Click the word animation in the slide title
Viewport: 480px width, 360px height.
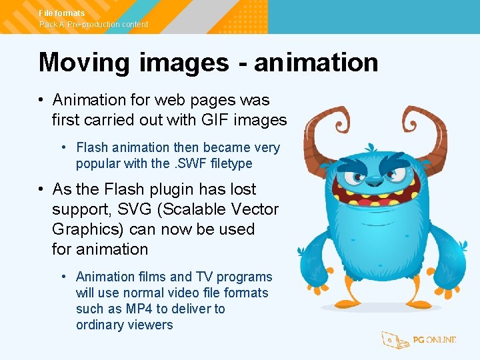(x=316, y=63)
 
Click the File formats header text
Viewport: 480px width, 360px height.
(x=62, y=13)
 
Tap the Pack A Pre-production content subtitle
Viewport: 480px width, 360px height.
(x=94, y=25)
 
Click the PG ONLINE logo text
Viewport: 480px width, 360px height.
(x=434, y=340)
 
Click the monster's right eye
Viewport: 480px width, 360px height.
(x=398, y=175)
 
